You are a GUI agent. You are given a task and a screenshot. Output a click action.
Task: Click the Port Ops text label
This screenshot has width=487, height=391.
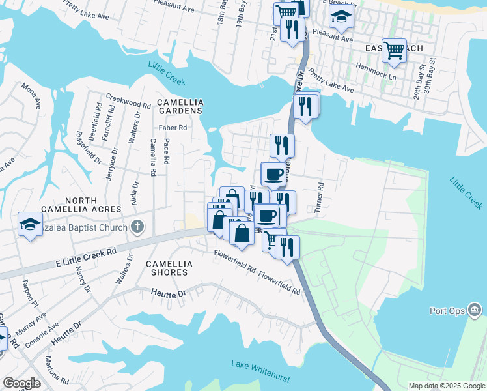pyautogui.click(x=447, y=311)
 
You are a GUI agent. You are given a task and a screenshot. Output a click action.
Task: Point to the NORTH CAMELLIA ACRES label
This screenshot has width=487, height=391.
pyautogui.click(x=81, y=204)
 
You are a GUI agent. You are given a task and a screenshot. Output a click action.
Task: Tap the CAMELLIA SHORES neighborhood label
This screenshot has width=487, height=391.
pyautogui.click(x=169, y=268)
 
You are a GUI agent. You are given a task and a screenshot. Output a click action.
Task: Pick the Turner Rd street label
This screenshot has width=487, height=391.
pyautogui.click(x=320, y=195)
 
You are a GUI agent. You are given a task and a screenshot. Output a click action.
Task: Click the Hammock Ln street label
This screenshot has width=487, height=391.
pyautogui.click(x=383, y=76)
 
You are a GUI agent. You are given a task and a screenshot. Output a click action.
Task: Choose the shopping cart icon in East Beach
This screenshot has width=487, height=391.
pyautogui.click(x=394, y=50)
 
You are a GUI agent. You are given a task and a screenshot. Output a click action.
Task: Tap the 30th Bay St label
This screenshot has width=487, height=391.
pyautogui.click(x=430, y=79)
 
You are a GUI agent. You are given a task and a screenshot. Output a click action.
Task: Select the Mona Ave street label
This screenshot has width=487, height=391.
pyautogui.click(x=30, y=95)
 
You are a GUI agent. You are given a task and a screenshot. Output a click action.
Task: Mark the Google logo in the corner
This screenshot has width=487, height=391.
pyautogui.click(x=21, y=383)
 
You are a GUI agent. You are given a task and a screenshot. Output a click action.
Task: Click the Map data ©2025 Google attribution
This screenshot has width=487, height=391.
pyautogui.click(x=446, y=386)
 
